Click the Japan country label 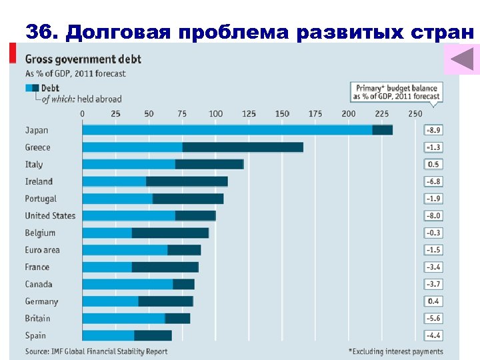pyautogui.click(x=37, y=131)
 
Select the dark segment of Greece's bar pyautogui.click(x=243, y=147)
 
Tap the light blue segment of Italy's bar pyautogui.click(x=129, y=164)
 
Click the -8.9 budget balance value pyautogui.click(x=433, y=131)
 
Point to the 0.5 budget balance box pyautogui.click(x=433, y=165)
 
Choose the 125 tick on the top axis pyautogui.click(x=249, y=114)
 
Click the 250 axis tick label pyautogui.click(x=415, y=114)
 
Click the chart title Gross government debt pyautogui.click(x=83, y=60)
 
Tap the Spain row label pyautogui.click(x=36, y=335)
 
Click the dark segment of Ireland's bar pyautogui.click(x=187, y=181)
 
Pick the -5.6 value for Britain pyautogui.click(x=433, y=319)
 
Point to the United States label pyautogui.click(x=50, y=216)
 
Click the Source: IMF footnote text pyautogui.click(x=96, y=351)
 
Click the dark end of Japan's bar pyautogui.click(x=382, y=131)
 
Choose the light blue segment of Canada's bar pyautogui.click(x=127, y=284)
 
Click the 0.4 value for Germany pyautogui.click(x=433, y=301)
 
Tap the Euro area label pyautogui.click(x=42, y=250)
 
